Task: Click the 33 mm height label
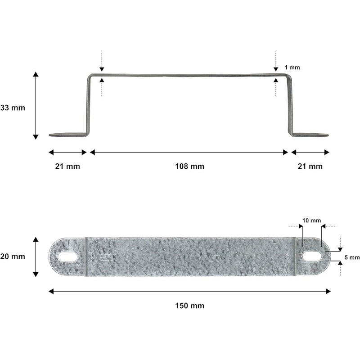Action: (13, 108)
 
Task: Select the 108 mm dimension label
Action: (189, 166)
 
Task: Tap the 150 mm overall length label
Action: (189, 306)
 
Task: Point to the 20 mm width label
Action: (13, 256)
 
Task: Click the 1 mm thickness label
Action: (292, 67)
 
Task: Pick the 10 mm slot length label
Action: (311, 220)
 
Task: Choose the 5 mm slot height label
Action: (352, 257)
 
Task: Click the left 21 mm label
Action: (67, 166)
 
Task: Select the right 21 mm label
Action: (310, 166)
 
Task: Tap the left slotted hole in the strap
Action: (67, 256)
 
